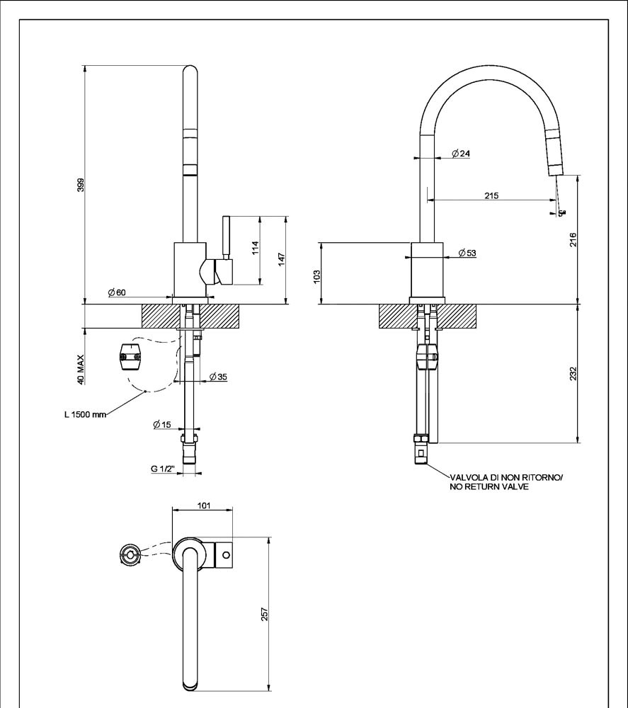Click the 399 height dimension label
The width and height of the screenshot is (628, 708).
click(x=81, y=185)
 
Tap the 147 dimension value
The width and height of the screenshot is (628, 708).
click(x=281, y=259)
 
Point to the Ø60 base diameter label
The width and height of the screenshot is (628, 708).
click(x=117, y=292)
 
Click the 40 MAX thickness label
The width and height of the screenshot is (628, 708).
click(x=81, y=369)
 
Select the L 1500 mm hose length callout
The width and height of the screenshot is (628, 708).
click(x=84, y=415)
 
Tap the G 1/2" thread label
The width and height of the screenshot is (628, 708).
click(x=164, y=469)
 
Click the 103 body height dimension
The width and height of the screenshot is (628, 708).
click(x=317, y=274)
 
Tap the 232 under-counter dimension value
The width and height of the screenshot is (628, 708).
click(x=573, y=372)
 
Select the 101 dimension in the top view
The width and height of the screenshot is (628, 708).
click(x=204, y=506)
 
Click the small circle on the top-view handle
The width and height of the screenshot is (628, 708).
click(x=226, y=554)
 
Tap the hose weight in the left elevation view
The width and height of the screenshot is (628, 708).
click(x=130, y=355)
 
